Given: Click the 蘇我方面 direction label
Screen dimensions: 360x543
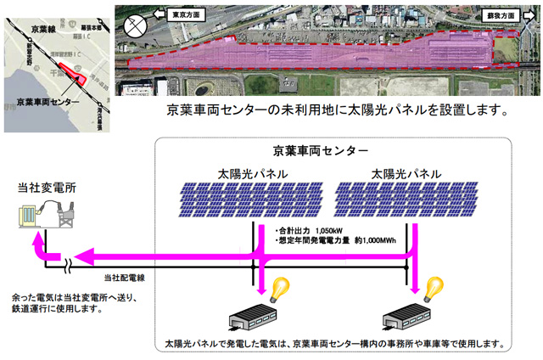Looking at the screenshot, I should click(501, 15).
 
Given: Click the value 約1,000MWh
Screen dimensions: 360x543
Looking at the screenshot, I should click(375, 240).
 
